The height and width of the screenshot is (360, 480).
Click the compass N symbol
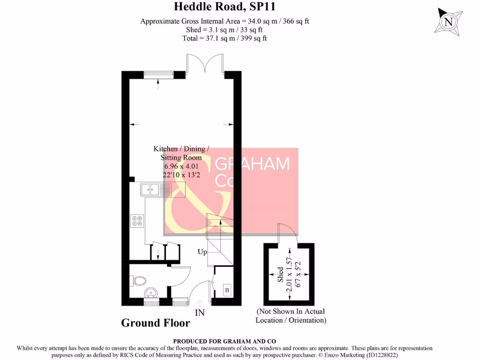point(449,22)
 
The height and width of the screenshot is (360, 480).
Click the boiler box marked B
point(227,290)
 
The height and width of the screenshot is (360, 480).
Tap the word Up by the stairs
point(202,252)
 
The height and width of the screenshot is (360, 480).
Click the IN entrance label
point(200,311)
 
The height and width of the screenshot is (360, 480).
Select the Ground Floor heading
point(156,323)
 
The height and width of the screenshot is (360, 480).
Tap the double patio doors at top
point(205,64)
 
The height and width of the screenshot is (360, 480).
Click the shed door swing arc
point(287,232)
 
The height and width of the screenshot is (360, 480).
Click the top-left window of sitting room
point(158,74)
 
